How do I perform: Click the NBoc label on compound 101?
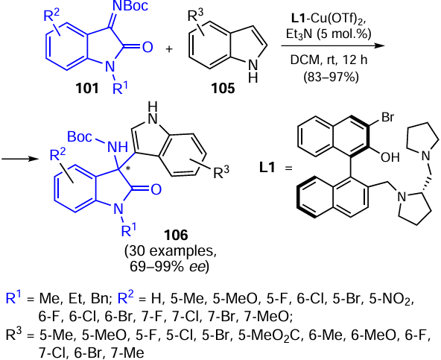130,6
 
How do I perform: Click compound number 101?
87,88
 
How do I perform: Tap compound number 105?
223,88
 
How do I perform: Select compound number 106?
176,235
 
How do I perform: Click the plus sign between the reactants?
169,49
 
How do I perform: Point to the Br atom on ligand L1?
387,117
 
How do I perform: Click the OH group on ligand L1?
390,157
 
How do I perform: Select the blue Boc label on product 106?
80,137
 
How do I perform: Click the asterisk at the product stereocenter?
128,168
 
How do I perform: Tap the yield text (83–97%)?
331,77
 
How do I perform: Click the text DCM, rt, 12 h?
329,60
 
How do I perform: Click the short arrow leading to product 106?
19,159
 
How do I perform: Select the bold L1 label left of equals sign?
267,168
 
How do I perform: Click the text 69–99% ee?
169,267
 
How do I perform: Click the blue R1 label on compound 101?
120,88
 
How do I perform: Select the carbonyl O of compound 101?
147,47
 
